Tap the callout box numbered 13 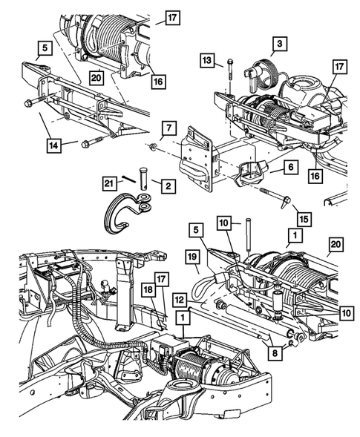207,59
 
